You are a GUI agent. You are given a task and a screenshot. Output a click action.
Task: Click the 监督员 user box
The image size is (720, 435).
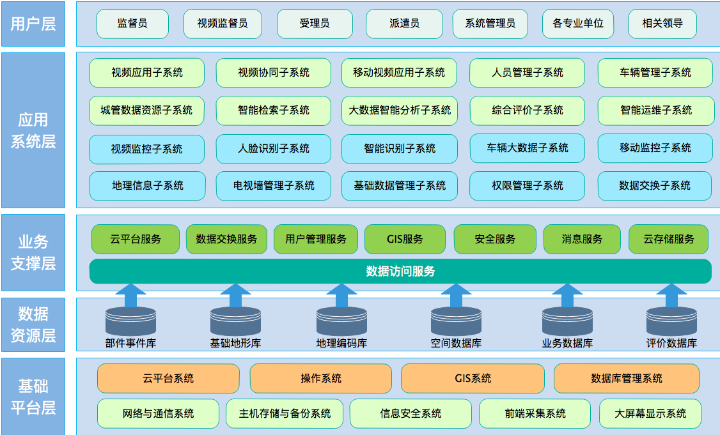tap(132, 24)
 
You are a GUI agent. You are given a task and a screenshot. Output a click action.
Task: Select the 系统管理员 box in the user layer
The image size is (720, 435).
tap(490, 24)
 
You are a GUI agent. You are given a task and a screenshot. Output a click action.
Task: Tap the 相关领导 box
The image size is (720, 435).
tap(662, 24)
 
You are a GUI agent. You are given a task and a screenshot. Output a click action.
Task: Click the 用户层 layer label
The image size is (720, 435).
tap(33, 24)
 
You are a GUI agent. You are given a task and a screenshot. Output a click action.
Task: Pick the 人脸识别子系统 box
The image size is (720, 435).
tap(274, 149)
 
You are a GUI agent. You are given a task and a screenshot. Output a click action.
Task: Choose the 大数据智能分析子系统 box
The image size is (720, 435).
tap(400, 111)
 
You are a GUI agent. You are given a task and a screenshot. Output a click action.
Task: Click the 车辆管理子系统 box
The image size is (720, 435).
tap(655, 73)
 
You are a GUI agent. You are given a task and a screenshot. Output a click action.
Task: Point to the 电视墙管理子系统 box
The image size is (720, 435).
tap(274, 186)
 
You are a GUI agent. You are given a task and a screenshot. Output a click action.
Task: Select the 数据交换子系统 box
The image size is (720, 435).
tap(655, 186)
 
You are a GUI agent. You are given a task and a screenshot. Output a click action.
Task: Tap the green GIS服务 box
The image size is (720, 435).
tap(405, 240)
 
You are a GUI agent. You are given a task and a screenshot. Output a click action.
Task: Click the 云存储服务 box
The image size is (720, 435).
tap(668, 240)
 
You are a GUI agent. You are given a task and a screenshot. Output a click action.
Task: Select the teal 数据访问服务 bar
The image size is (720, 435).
tap(400, 271)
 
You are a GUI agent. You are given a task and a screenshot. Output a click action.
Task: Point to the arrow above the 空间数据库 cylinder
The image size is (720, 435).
tap(456, 296)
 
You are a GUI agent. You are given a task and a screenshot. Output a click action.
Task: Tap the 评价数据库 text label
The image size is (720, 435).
tap(671, 344)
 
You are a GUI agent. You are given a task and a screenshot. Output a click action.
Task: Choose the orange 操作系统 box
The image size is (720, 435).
tap(320, 379)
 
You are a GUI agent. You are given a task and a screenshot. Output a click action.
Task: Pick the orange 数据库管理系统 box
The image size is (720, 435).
tap(627, 379)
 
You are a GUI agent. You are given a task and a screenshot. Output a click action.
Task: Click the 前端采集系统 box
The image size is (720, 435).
tap(535, 414)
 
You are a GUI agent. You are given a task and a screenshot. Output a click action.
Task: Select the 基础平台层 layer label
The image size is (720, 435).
tap(33, 397)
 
